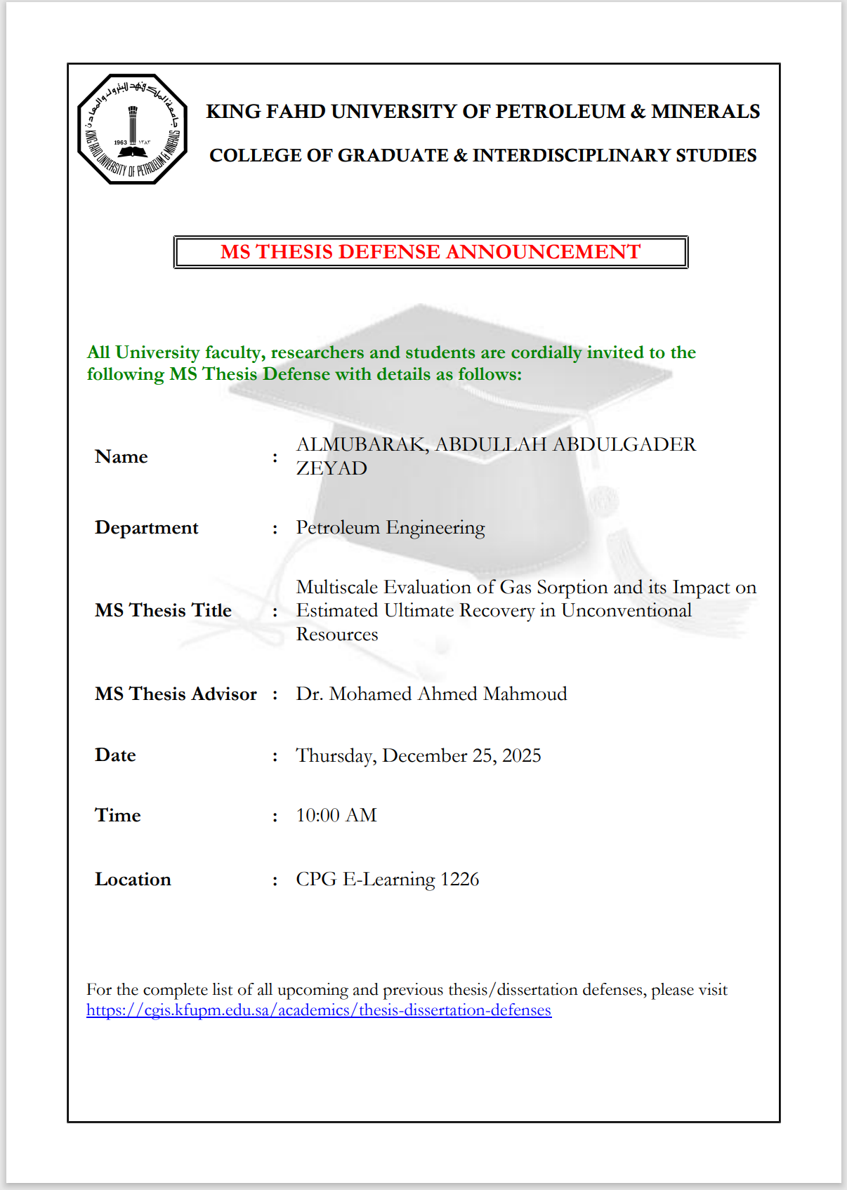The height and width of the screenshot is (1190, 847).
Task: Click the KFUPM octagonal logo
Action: click(132, 129)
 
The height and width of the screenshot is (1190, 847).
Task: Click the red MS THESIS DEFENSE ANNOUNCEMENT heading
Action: click(430, 252)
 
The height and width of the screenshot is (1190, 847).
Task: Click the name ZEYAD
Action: click(331, 468)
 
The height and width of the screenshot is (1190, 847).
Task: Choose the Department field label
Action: click(146, 528)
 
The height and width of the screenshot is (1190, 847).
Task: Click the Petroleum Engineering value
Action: click(390, 528)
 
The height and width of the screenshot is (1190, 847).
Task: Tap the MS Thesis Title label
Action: click(163, 611)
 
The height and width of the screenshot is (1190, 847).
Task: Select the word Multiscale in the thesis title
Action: click(337, 587)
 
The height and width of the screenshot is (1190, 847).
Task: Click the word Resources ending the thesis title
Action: click(337, 635)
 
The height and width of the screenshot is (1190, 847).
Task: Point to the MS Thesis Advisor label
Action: click(176, 694)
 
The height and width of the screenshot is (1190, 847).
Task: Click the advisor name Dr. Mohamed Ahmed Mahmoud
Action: click(431, 694)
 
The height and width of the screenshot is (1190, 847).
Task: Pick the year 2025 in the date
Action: click(521, 755)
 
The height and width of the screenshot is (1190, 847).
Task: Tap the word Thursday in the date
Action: click(334, 755)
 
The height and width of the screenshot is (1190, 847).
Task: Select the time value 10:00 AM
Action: click(336, 815)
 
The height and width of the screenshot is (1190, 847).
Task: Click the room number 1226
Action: click(459, 880)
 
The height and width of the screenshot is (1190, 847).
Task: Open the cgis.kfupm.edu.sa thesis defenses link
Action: click(319, 1010)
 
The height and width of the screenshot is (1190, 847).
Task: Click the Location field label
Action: click(133, 880)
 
